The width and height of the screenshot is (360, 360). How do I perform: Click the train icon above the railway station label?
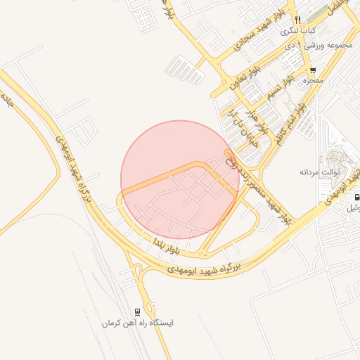138,311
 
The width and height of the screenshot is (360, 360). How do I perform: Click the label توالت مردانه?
320,172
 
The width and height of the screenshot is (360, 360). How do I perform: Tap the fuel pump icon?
356,198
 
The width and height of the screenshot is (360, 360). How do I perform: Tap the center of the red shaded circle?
180,180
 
